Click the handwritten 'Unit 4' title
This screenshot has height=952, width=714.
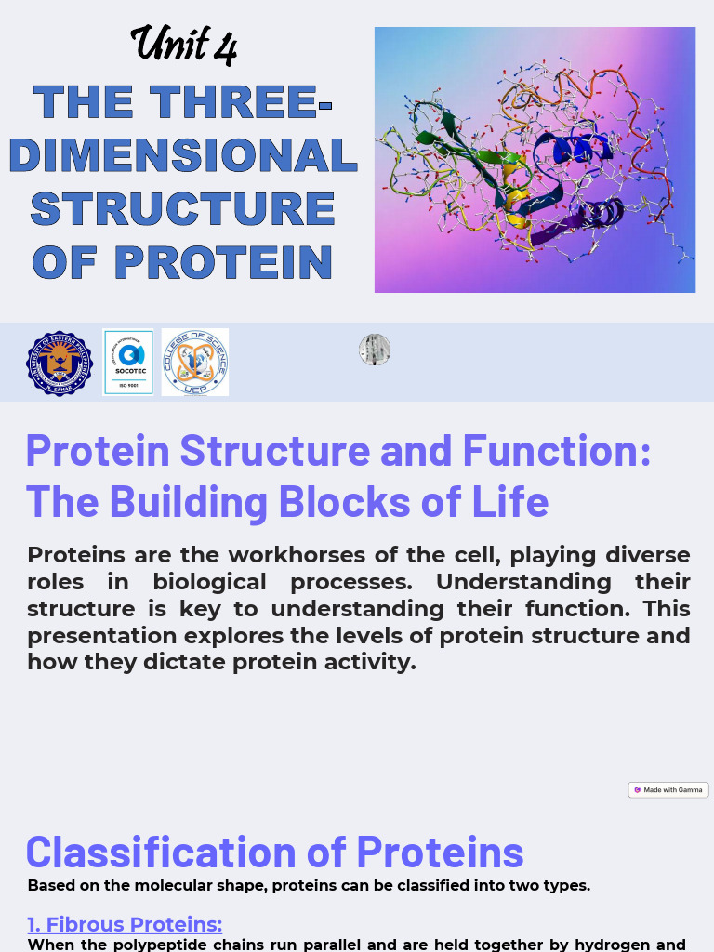coord(183,44)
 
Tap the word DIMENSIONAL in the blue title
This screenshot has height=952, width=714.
coord(183,155)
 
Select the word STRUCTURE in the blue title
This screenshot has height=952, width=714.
coord(183,209)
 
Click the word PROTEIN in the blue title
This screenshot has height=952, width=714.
coord(223,263)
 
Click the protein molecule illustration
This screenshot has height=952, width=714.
coord(535,160)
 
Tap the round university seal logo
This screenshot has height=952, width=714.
coord(59,364)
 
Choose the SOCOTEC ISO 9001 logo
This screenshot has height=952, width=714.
coord(128,363)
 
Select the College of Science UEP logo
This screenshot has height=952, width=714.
coord(195,363)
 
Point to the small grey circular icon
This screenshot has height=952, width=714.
coord(375,350)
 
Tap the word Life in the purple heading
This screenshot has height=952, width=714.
coord(513,501)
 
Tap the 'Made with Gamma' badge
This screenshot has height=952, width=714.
coord(668,790)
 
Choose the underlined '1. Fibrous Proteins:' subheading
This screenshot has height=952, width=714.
coord(125,924)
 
